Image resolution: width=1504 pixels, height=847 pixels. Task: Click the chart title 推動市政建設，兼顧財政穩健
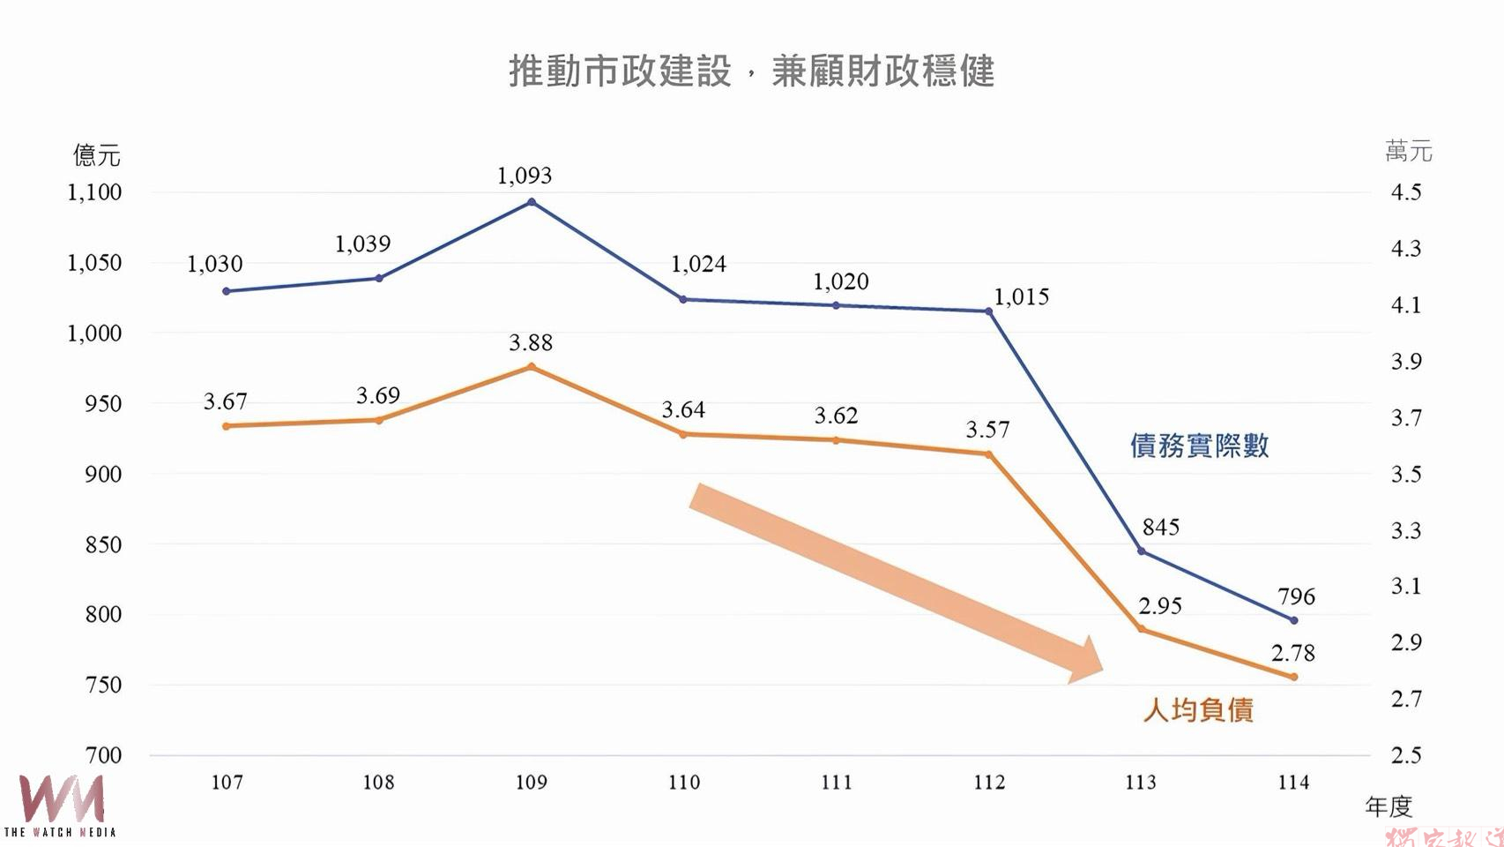click(x=751, y=71)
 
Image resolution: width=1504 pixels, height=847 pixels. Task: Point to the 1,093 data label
click(x=525, y=176)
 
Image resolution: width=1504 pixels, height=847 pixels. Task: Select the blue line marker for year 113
click(x=1142, y=551)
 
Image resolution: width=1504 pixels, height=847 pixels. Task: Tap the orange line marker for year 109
click(x=531, y=366)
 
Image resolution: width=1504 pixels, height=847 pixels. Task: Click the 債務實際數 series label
click(x=1199, y=446)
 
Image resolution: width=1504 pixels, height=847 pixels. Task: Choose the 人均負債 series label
click(x=1198, y=710)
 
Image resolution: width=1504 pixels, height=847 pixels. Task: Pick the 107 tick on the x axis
click(x=227, y=782)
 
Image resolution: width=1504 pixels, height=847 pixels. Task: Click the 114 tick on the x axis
click(x=1293, y=782)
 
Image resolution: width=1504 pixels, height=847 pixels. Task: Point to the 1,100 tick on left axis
click(x=94, y=192)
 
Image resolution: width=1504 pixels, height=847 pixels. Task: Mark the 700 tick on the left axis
click(x=103, y=755)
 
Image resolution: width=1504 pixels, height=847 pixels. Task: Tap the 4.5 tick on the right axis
click(x=1406, y=192)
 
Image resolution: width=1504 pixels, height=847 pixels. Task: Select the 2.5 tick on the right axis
click(x=1406, y=755)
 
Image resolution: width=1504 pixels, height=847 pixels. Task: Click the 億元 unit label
click(x=96, y=156)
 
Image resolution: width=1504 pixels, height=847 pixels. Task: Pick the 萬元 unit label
click(x=1408, y=152)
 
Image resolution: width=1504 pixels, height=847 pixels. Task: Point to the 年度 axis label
click(x=1389, y=806)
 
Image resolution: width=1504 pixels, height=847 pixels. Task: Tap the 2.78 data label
click(x=1292, y=654)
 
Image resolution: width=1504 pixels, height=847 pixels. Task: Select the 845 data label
click(x=1160, y=528)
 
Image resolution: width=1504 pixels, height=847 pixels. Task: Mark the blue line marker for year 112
click(x=988, y=311)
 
